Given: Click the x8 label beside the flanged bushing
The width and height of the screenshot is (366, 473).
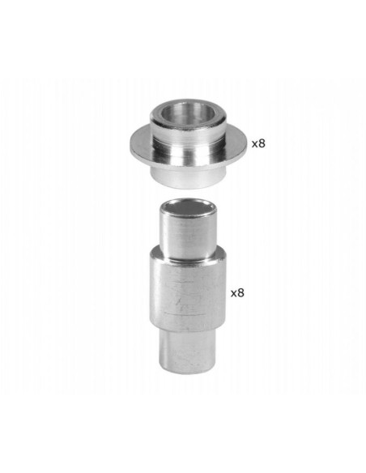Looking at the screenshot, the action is pyautogui.click(x=258, y=143).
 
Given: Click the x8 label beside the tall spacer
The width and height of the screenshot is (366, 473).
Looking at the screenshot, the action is pyautogui.click(x=237, y=292).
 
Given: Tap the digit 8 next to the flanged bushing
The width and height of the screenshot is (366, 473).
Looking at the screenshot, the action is pyautogui.click(x=262, y=143).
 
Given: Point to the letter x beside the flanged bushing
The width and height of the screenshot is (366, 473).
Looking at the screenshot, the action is pyautogui.click(x=255, y=144).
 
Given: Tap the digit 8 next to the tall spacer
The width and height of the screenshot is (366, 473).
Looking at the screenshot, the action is pyautogui.click(x=240, y=292).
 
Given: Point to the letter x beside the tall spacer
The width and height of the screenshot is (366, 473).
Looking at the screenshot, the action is pyautogui.click(x=234, y=294).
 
